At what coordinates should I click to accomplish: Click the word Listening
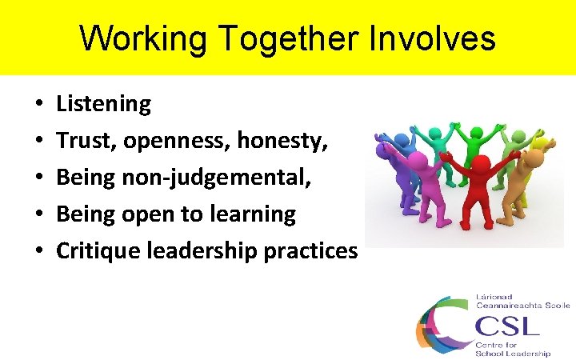103,104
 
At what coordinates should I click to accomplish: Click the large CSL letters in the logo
507,326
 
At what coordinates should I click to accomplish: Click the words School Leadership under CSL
512,353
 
